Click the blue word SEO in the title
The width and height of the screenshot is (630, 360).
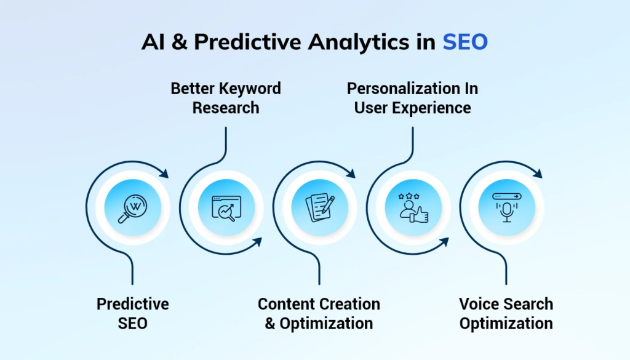click(465, 42)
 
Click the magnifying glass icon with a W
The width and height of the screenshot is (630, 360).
click(133, 208)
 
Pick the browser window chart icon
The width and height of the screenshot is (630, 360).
click(226, 208)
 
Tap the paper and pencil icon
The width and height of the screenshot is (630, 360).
click(320, 207)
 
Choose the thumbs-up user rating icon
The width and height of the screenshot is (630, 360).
click(413, 207)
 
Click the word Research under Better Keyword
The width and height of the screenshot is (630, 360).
click(226, 108)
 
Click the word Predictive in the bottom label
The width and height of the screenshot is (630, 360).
click(133, 304)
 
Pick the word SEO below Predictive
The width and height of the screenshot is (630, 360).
click(133, 324)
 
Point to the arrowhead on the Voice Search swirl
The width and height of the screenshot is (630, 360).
click(538, 173)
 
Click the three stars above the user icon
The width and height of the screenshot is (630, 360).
click(409, 196)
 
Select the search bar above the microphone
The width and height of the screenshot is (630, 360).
click(507, 196)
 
